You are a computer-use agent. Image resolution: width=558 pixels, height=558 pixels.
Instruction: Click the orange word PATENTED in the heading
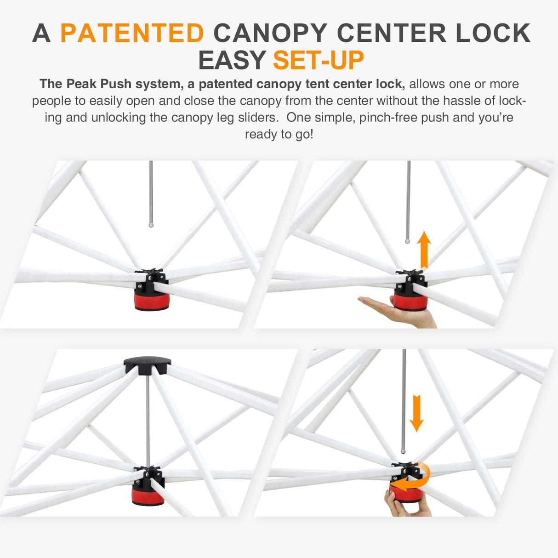(132, 33)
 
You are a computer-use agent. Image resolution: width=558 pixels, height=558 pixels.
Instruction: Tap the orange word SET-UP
(318, 60)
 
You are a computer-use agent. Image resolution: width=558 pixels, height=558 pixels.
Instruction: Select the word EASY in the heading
(232, 60)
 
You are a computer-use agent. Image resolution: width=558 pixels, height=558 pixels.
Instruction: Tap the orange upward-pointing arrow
(424, 250)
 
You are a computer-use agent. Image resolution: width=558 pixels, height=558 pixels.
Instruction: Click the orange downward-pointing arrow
(416, 413)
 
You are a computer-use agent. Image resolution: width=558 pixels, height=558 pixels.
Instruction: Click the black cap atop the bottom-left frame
(147, 366)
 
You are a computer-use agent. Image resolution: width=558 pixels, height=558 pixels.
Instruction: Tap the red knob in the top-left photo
(152, 302)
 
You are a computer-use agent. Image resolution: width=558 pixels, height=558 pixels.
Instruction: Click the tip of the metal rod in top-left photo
(151, 225)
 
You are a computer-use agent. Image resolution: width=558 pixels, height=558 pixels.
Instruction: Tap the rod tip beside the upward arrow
(407, 240)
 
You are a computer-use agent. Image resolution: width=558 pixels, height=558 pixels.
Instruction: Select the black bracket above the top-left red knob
(151, 278)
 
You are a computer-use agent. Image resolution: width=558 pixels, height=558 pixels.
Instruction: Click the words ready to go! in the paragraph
(279, 134)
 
